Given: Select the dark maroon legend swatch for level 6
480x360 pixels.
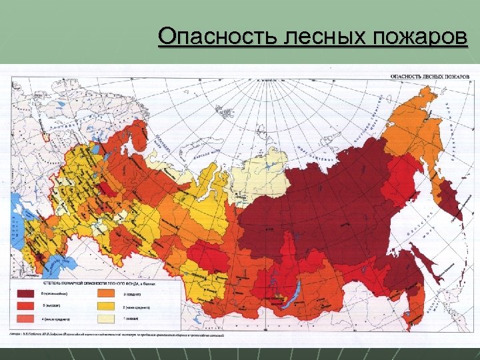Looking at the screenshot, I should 25,293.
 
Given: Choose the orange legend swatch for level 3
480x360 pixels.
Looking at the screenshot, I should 106,293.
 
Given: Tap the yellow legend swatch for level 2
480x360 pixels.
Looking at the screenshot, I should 106,307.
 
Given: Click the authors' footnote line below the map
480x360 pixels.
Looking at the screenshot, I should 117,335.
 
